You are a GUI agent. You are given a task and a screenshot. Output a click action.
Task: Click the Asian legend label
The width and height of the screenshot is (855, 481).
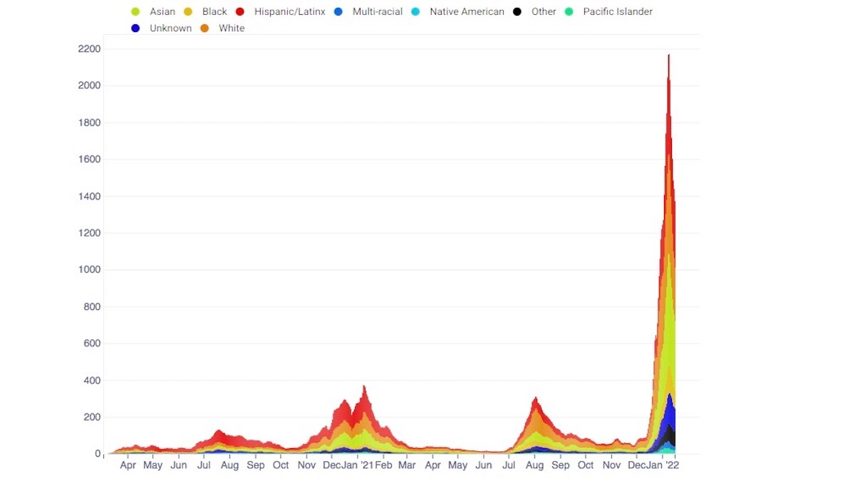(162, 11)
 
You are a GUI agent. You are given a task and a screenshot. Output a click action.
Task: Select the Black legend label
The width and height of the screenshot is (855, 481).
(214, 11)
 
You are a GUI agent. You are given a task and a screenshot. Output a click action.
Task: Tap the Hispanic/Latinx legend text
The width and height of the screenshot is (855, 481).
(289, 11)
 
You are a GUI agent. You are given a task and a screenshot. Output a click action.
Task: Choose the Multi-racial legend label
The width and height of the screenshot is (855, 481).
(377, 11)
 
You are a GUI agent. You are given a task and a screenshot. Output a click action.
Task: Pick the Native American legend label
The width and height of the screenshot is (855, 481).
(467, 11)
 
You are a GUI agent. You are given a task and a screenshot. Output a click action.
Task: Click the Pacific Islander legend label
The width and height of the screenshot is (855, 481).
(617, 11)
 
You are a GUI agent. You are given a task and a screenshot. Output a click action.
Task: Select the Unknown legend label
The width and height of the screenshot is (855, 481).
(170, 29)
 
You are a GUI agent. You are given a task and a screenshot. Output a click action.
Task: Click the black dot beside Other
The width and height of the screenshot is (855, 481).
(517, 11)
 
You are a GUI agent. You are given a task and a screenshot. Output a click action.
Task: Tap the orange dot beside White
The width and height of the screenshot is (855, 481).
(204, 29)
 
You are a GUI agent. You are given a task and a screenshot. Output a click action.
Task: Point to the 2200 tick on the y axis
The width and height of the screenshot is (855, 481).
(89, 49)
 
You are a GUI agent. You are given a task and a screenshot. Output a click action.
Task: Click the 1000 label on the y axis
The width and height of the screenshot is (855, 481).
(89, 270)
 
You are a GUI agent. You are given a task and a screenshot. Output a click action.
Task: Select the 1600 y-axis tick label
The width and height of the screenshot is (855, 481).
(89, 160)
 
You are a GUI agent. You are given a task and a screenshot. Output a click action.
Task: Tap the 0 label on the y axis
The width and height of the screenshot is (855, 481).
(98, 454)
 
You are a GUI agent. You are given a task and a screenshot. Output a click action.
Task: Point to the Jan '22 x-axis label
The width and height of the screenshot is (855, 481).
(665, 465)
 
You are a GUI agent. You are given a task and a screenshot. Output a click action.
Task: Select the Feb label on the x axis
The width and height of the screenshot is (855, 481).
(383, 465)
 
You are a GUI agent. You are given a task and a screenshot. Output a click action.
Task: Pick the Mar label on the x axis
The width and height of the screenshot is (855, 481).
(407, 465)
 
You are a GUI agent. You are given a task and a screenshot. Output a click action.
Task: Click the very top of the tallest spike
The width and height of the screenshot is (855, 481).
(668, 55)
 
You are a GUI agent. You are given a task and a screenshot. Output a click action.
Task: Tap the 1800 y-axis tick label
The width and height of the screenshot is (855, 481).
(89, 123)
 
